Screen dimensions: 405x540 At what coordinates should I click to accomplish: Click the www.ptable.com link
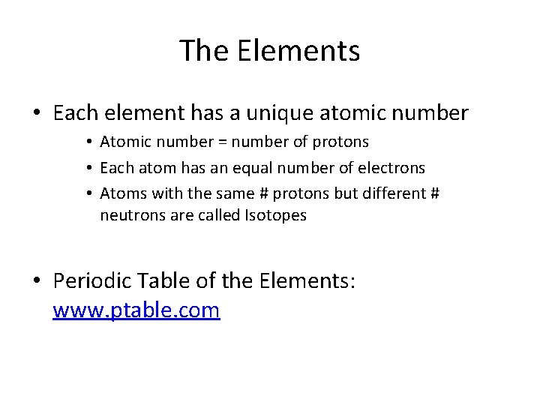(x=136, y=310)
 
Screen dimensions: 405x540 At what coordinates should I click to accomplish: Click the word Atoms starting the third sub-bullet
(x=123, y=193)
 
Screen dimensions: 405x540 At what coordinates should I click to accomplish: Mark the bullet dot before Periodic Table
(x=37, y=282)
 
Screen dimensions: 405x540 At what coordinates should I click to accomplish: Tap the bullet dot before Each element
(x=37, y=114)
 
